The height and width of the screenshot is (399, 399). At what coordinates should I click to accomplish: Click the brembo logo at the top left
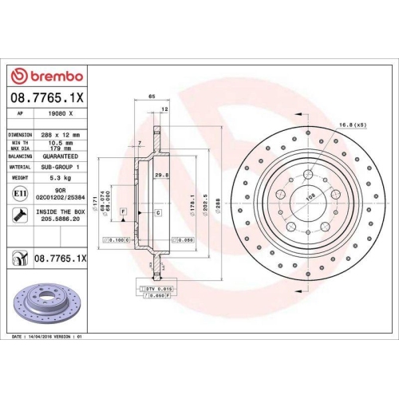[45, 76]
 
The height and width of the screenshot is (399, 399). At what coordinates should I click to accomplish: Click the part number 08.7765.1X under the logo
[45, 98]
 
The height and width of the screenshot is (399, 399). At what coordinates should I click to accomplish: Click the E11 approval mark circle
[18, 194]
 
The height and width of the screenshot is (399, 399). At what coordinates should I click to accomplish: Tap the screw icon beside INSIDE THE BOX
[18, 214]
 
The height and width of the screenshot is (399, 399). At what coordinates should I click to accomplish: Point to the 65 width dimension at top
[152, 97]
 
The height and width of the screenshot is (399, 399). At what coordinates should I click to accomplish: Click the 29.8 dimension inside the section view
[160, 176]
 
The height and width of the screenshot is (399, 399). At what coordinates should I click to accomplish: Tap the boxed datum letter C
[158, 212]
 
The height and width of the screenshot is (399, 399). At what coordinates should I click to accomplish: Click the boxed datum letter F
[123, 210]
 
